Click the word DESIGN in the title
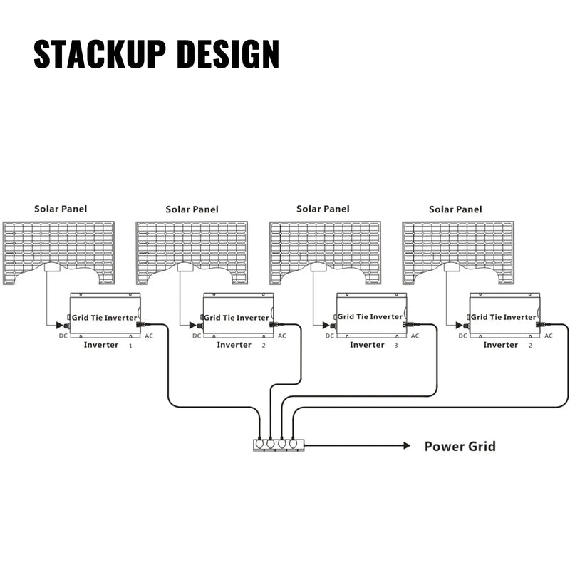pyautogui.click(x=227, y=54)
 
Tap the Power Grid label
pyautogui.click(x=460, y=447)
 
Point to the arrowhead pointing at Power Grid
pyautogui.click(x=406, y=446)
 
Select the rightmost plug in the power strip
pyautogui.click(x=292, y=442)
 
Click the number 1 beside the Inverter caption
pyautogui.click(x=130, y=346)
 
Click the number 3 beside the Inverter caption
pyautogui.click(x=396, y=346)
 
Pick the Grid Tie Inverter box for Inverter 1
pyautogui.click(x=105, y=316)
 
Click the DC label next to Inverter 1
pyautogui.click(x=63, y=336)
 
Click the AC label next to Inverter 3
pyautogui.click(x=415, y=336)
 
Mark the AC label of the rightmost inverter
pyautogui.click(x=548, y=336)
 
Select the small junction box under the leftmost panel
pyautogui.click(x=52, y=268)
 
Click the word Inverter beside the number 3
pyautogui.click(x=367, y=345)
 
